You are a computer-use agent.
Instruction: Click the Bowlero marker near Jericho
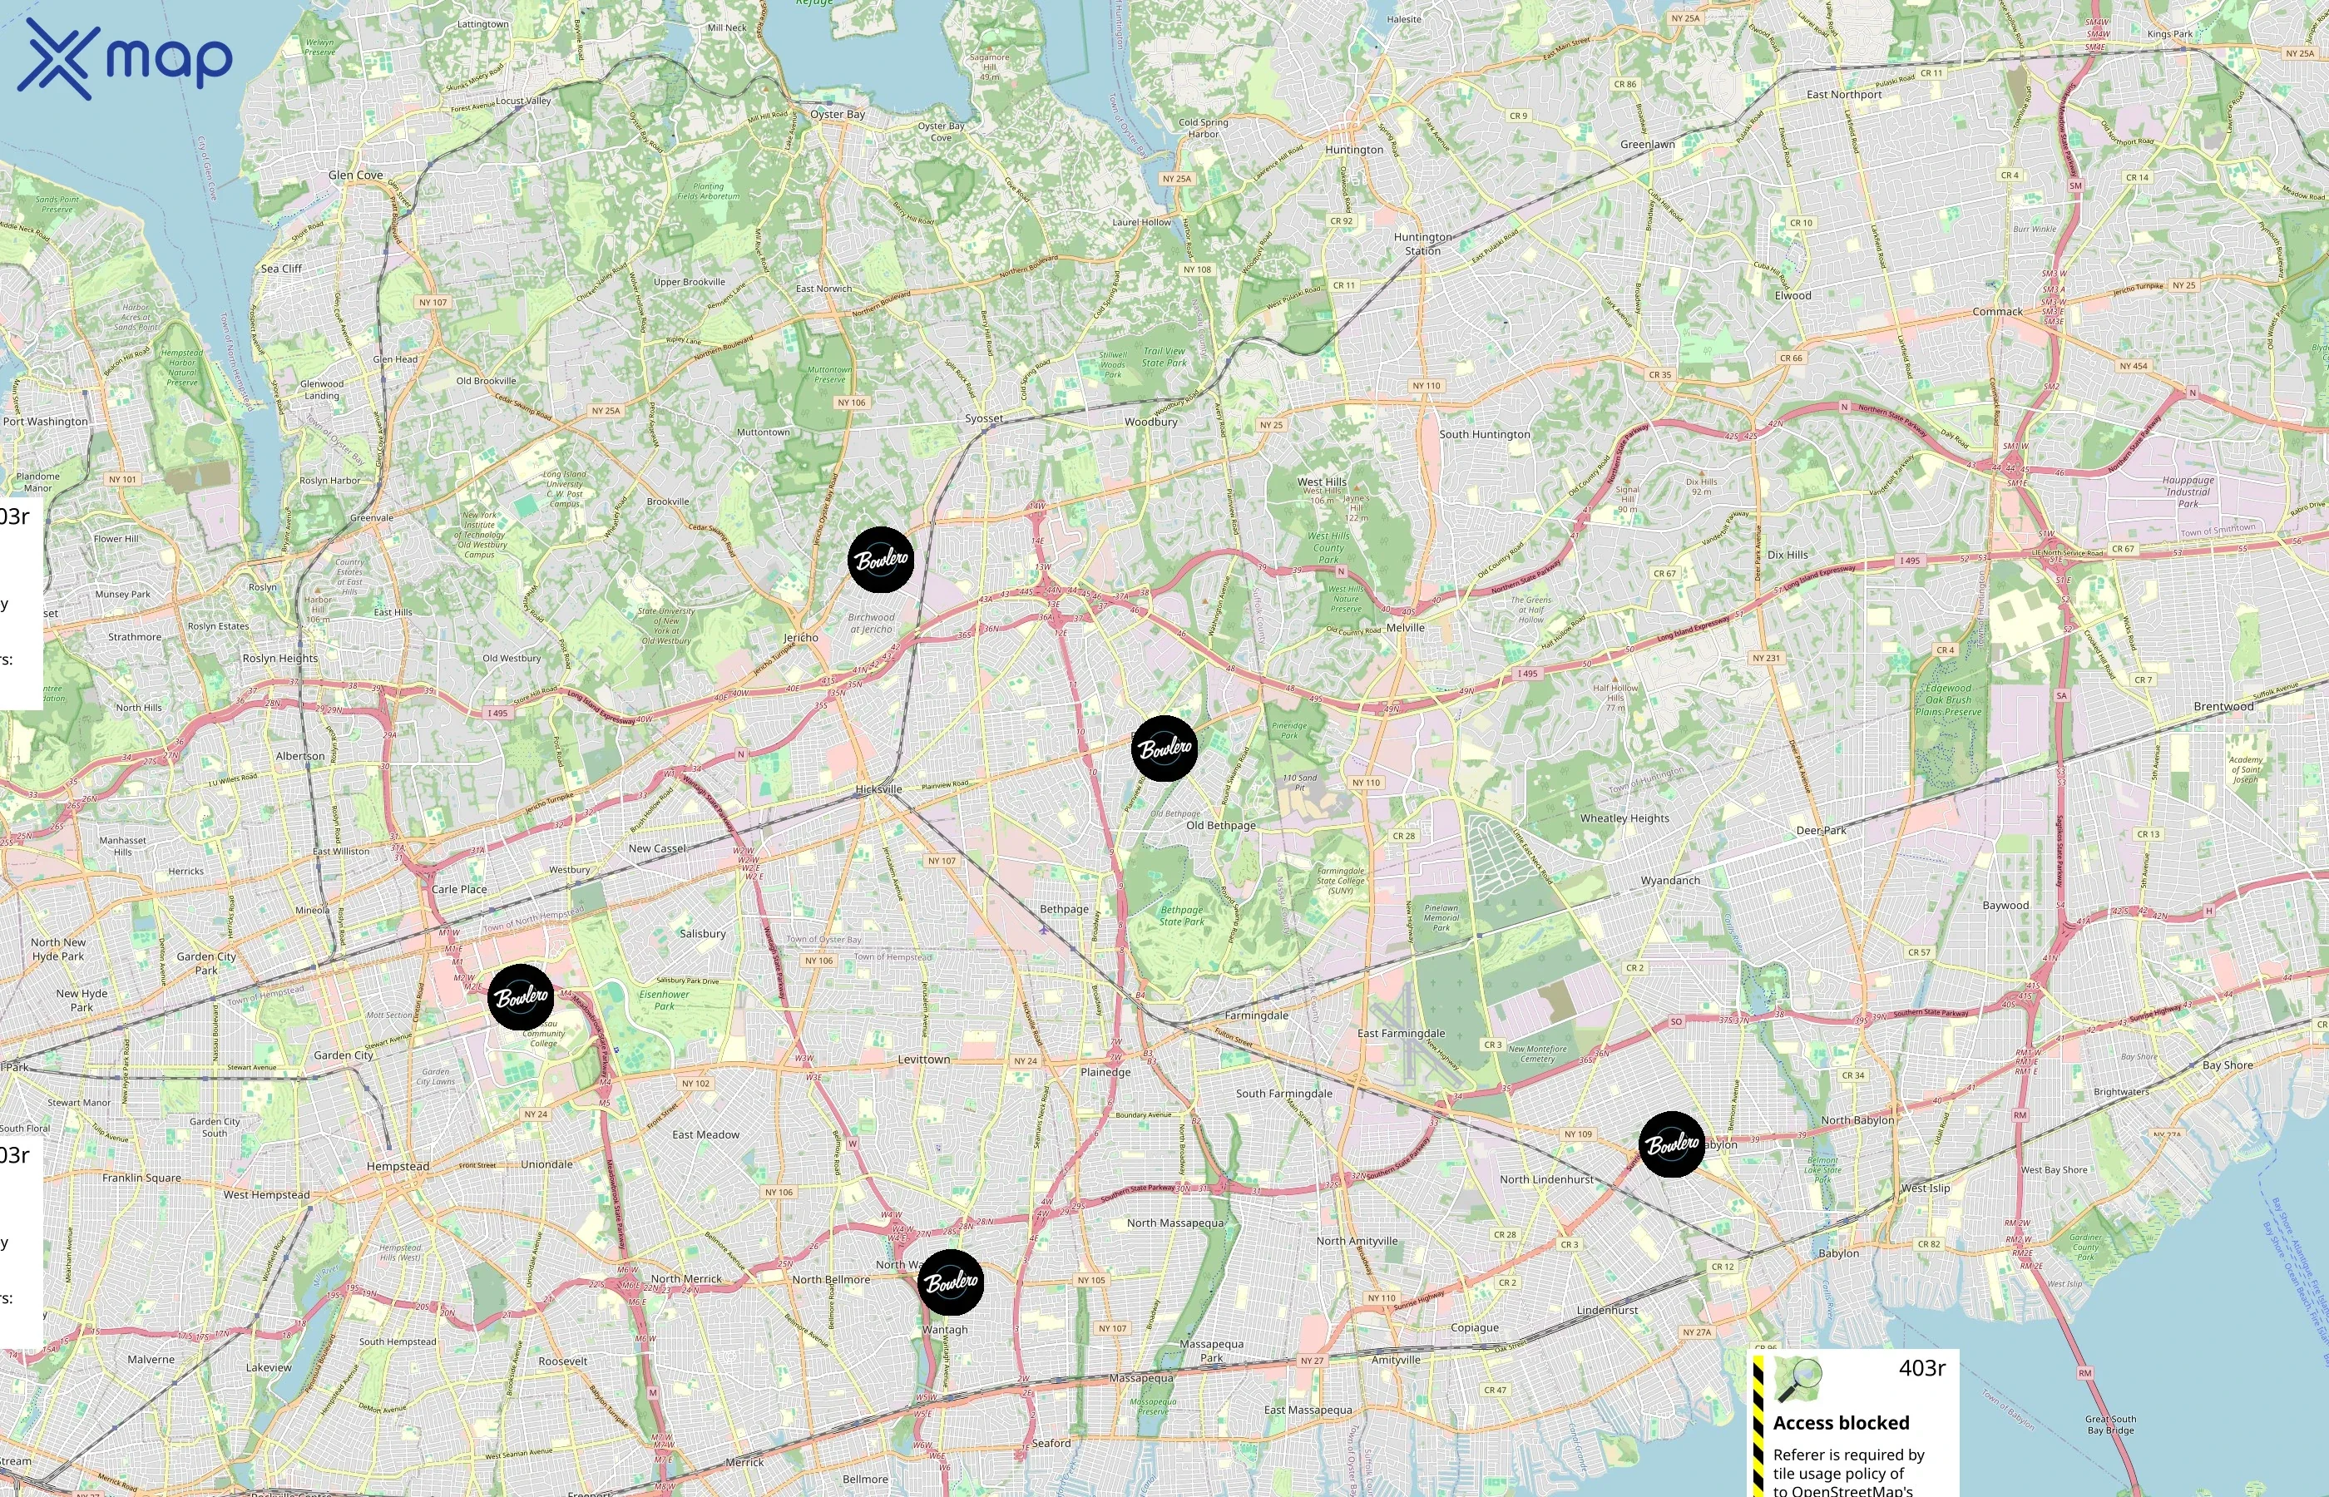tap(881, 560)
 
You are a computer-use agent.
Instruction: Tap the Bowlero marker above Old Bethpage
tap(1164, 748)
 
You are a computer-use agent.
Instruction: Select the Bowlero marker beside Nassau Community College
tap(521, 997)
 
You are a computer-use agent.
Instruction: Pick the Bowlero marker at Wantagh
tap(951, 1282)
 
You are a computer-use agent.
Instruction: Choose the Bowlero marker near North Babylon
tap(1672, 1144)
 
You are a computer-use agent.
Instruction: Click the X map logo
tap(125, 59)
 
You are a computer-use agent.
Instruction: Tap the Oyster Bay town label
tap(837, 115)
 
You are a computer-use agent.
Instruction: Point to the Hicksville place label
tap(878, 789)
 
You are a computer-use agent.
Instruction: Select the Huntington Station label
tap(1422, 244)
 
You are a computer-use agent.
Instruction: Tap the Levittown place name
tap(923, 1060)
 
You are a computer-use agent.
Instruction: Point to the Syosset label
tap(984, 419)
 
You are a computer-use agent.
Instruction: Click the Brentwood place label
tap(2223, 707)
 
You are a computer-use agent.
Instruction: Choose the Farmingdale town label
tap(1256, 1015)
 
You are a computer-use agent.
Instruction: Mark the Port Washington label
tap(46, 422)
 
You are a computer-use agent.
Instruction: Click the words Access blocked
tap(1840, 1423)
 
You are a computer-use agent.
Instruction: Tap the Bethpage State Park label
tap(1181, 916)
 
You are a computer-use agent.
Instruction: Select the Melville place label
tap(1405, 628)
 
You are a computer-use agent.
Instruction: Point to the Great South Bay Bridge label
tap(2110, 1425)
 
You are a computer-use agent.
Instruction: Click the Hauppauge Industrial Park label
tap(2188, 492)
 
